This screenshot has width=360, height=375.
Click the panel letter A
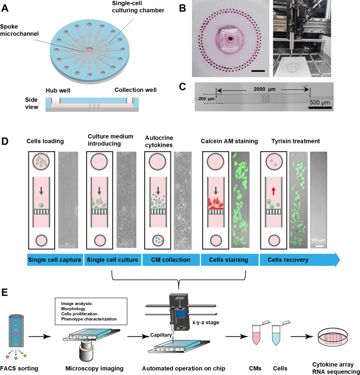coord(5,8)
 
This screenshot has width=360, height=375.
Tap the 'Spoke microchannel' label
coord(19,30)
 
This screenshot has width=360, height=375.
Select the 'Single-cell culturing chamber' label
coord(138,7)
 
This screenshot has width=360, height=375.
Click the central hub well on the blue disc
coord(89,50)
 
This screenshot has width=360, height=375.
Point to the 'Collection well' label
coord(136,90)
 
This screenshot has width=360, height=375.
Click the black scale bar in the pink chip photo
coord(258,71)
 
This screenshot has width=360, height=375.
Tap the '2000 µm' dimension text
coord(265,89)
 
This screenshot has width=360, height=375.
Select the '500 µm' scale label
coord(320,103)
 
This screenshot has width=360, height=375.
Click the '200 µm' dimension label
coord(206,99)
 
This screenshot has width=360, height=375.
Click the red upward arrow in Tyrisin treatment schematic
coord(273,191)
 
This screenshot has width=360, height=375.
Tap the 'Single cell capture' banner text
coord(55,260)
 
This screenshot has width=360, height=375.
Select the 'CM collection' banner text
coord(171,260)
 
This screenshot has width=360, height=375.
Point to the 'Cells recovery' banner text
coord(288,260)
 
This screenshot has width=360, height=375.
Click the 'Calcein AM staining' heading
coord(230,141)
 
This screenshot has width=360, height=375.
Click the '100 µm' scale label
coord(318,240)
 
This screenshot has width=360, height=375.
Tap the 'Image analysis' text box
coord(91,312)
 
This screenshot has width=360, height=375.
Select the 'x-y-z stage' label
coord(206,322)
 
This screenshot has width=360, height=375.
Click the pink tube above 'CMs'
coord(256,335)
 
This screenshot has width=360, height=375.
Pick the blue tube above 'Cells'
coord(276,335)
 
